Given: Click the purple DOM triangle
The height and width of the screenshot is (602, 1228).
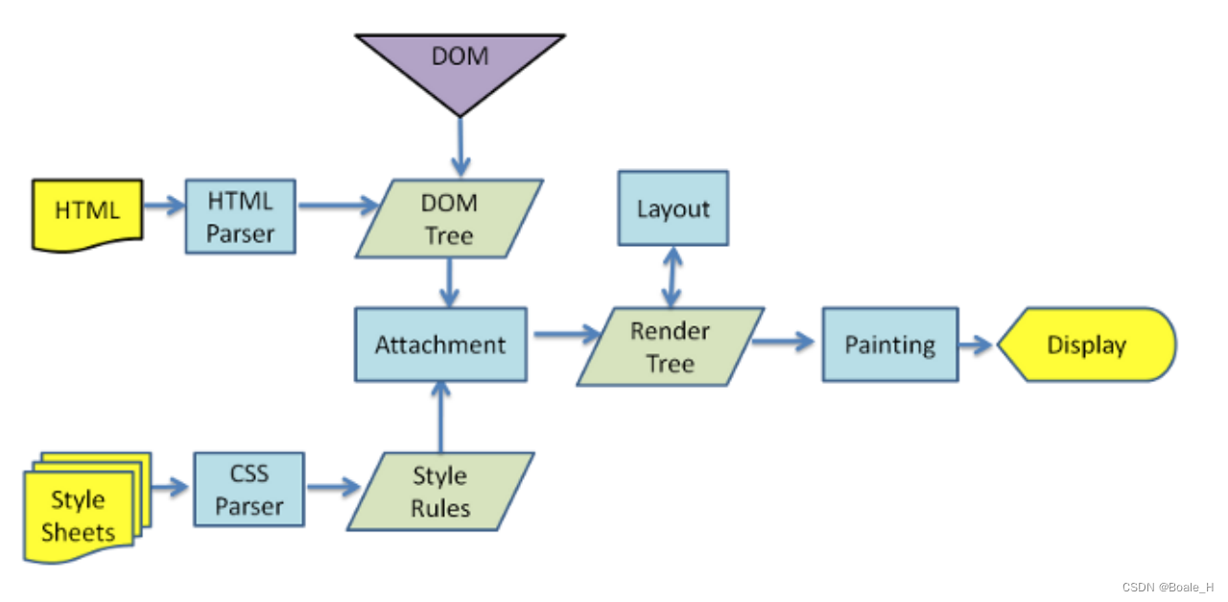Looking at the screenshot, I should pyautogui.click(x=460, y=63).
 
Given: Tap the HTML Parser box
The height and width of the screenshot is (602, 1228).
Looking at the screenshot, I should pyautogui.click(x=240, y=217).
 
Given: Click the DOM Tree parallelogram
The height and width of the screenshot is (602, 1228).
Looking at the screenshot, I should pyautogui.click(x=449, y=218).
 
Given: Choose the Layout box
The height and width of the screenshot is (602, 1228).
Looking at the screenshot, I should pyautogui.click(x=673, y=208).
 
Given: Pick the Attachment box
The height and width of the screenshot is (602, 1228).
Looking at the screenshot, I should pyautogui.click(x=440, y=345).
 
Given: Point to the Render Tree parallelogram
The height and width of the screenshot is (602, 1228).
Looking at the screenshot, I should pyautogui.click(x=670, y=347).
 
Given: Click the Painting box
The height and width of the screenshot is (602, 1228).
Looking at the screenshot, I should pyautogui.click(x=889, y=345).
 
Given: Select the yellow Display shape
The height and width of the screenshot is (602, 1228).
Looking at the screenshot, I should pyautogui.click(x=1086, y=345).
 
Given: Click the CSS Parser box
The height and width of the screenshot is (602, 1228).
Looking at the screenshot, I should pyautogui.click(x=248, y=490).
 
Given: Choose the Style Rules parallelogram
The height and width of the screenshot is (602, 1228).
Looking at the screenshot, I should pyautogui.click(x=440, y=491).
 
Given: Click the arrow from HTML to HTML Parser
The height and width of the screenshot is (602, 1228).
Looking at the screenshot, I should pyautogui.click(x=163, y=205).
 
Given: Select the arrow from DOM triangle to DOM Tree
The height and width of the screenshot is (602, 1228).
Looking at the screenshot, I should pyautogui.click(x=460, y=149).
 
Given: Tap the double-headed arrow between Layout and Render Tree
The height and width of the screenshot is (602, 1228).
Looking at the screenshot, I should pyautogui.click(x=673, y=277).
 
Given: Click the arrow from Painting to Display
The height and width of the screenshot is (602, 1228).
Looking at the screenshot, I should pyautogui.click(x=977, y=345).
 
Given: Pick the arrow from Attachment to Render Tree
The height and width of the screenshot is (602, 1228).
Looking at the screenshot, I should pyautogui.click(x=564, y=334).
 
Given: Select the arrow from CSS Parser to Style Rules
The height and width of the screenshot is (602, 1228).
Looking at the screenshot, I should pyautogui.click(x=331, y=488).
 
